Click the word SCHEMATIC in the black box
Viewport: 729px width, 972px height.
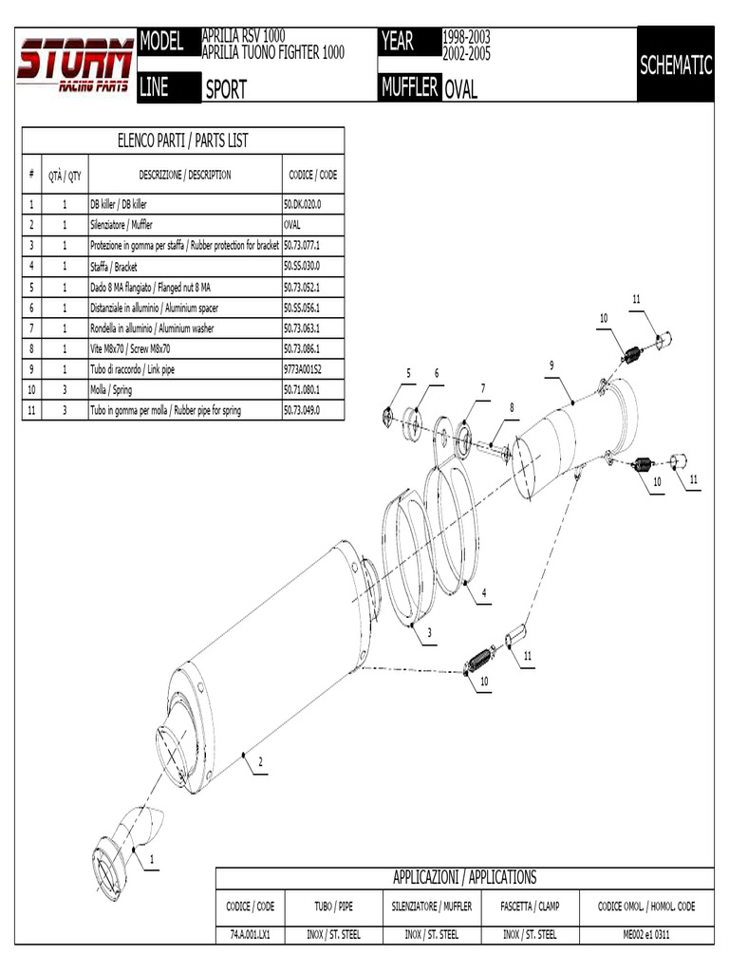tap(675, 65)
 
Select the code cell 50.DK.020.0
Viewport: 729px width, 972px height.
tap(303, 204)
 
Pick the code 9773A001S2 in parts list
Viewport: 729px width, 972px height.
tap(303, 368)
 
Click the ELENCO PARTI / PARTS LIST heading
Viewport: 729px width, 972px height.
tap(182, 140)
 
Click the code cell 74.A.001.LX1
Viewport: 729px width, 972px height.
tap(251, 934)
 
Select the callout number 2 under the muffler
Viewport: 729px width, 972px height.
tap(260, 761)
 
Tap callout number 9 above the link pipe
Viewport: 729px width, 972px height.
tap(551, 365)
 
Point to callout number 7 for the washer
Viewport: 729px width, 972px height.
tap(482, 388)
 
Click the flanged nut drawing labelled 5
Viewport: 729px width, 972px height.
tap(388, 415)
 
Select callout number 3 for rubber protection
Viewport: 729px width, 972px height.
tap(429, 632)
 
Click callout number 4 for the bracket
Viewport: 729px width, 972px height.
tap(484, 593)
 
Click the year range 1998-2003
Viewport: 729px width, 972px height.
tap(465, 37)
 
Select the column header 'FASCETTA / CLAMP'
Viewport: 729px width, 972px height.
tap(530, 907)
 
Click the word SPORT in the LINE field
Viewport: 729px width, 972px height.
tap(226, 89)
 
